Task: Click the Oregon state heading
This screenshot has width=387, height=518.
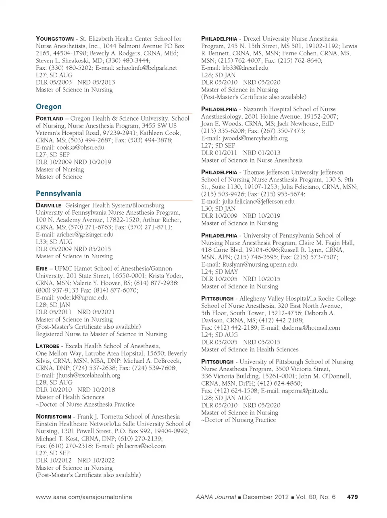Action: pos(49,107)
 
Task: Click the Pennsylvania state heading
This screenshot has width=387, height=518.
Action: pos(58,194)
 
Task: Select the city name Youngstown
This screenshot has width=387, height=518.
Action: pos(55,39)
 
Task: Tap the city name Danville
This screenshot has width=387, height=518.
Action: pos(48,205)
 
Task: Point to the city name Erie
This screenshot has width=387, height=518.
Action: pos(42,269)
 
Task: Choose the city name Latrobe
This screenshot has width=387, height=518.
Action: pos(48,346)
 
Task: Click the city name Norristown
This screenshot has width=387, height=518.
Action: pos(53,417)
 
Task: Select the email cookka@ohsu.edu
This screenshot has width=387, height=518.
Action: pos(80,147)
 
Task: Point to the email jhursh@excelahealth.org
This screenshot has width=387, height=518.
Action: pos(88,375)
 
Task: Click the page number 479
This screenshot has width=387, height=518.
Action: pos(352,497)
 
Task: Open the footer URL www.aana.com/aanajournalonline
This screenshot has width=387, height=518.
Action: pos(84,497)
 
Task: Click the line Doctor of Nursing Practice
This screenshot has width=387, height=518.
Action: pos(240,420)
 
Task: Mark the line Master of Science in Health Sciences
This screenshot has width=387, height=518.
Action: pos(250,349)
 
